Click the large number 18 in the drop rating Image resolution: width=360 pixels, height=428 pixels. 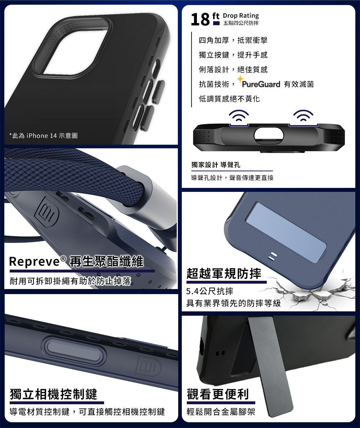click(x=200, y=19)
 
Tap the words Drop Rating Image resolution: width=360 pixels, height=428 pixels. click(x=241, y=15)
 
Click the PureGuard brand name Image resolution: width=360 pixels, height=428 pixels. click(x=261, y=84)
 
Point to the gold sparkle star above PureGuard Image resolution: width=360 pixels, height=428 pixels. click(x=240, y=79)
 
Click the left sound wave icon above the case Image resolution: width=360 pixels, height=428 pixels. click(x=239, y=116)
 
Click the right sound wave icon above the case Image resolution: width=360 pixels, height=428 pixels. click(x=303, y=116)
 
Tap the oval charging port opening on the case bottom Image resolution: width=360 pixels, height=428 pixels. click(x=269, y=135)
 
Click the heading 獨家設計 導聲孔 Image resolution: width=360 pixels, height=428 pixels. click(x=216, y=165)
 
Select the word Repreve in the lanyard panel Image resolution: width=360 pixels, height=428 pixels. click(x=34, y=261)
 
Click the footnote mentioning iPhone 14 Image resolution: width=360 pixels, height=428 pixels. click(x=44, y=136)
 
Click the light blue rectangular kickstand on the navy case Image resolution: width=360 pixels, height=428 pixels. click(x=286, y=233)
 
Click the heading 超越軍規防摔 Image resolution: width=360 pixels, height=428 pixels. click(x=224, y=274)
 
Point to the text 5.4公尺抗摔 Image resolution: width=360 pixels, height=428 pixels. click(x=210, y=291)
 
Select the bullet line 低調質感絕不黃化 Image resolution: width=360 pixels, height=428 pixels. click(x=229, y=99)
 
